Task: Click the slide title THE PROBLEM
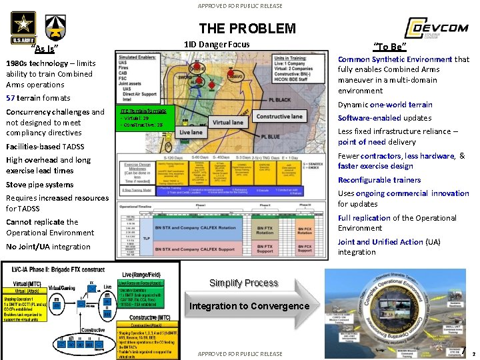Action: click(247, 28)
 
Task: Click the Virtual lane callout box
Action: click(228, 123)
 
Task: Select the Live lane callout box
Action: click(191, 133)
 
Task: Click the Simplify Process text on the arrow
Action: click(243, 283)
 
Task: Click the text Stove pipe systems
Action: click(40, 185)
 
